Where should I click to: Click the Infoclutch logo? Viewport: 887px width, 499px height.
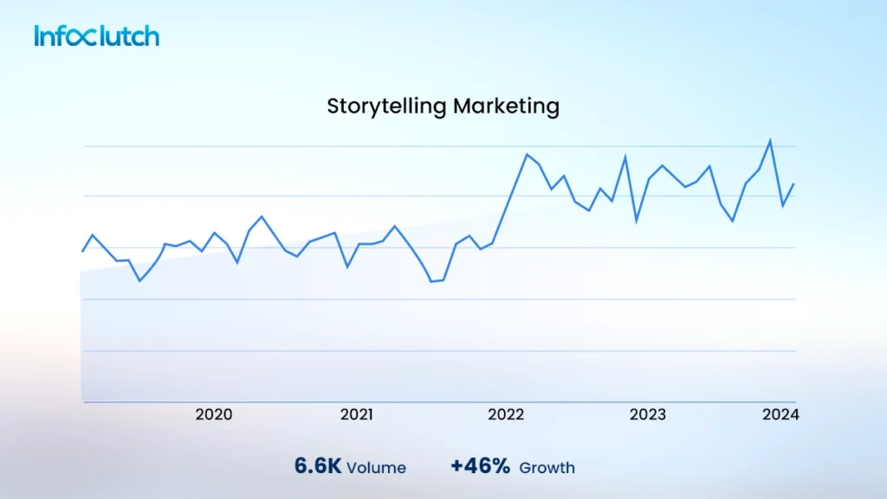[x=97, y=36]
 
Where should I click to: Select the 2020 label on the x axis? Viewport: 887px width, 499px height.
[x=213, y=415]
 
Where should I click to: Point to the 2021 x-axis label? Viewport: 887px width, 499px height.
[x=356, y=415]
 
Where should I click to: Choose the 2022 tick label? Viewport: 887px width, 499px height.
[x=506, y=415]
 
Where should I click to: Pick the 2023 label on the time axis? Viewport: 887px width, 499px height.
[x=648, y=415]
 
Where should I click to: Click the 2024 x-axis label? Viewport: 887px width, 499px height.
[x=780, y=415]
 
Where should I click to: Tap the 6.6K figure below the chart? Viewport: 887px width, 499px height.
[x=317, y=466]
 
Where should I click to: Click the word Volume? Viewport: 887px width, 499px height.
[x=376, y=468]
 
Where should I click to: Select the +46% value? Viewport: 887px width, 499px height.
[x=480, y=466]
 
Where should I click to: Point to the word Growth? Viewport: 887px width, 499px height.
[x=547, y=468]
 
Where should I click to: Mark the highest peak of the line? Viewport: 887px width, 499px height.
[x=770, y=140]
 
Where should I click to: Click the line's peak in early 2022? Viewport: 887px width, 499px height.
[x=527, y=154]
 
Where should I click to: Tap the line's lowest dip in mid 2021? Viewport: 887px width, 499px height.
[x=431, y=282]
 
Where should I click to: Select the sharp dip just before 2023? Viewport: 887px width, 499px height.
[x=637, y=221]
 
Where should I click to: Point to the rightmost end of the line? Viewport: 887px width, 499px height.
[x=794, y=184]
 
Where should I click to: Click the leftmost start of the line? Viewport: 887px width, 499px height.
[x=82, y=251]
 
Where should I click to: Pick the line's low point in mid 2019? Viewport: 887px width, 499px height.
[x=139, y=281]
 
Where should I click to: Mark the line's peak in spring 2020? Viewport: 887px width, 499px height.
[x=262, y=217]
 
